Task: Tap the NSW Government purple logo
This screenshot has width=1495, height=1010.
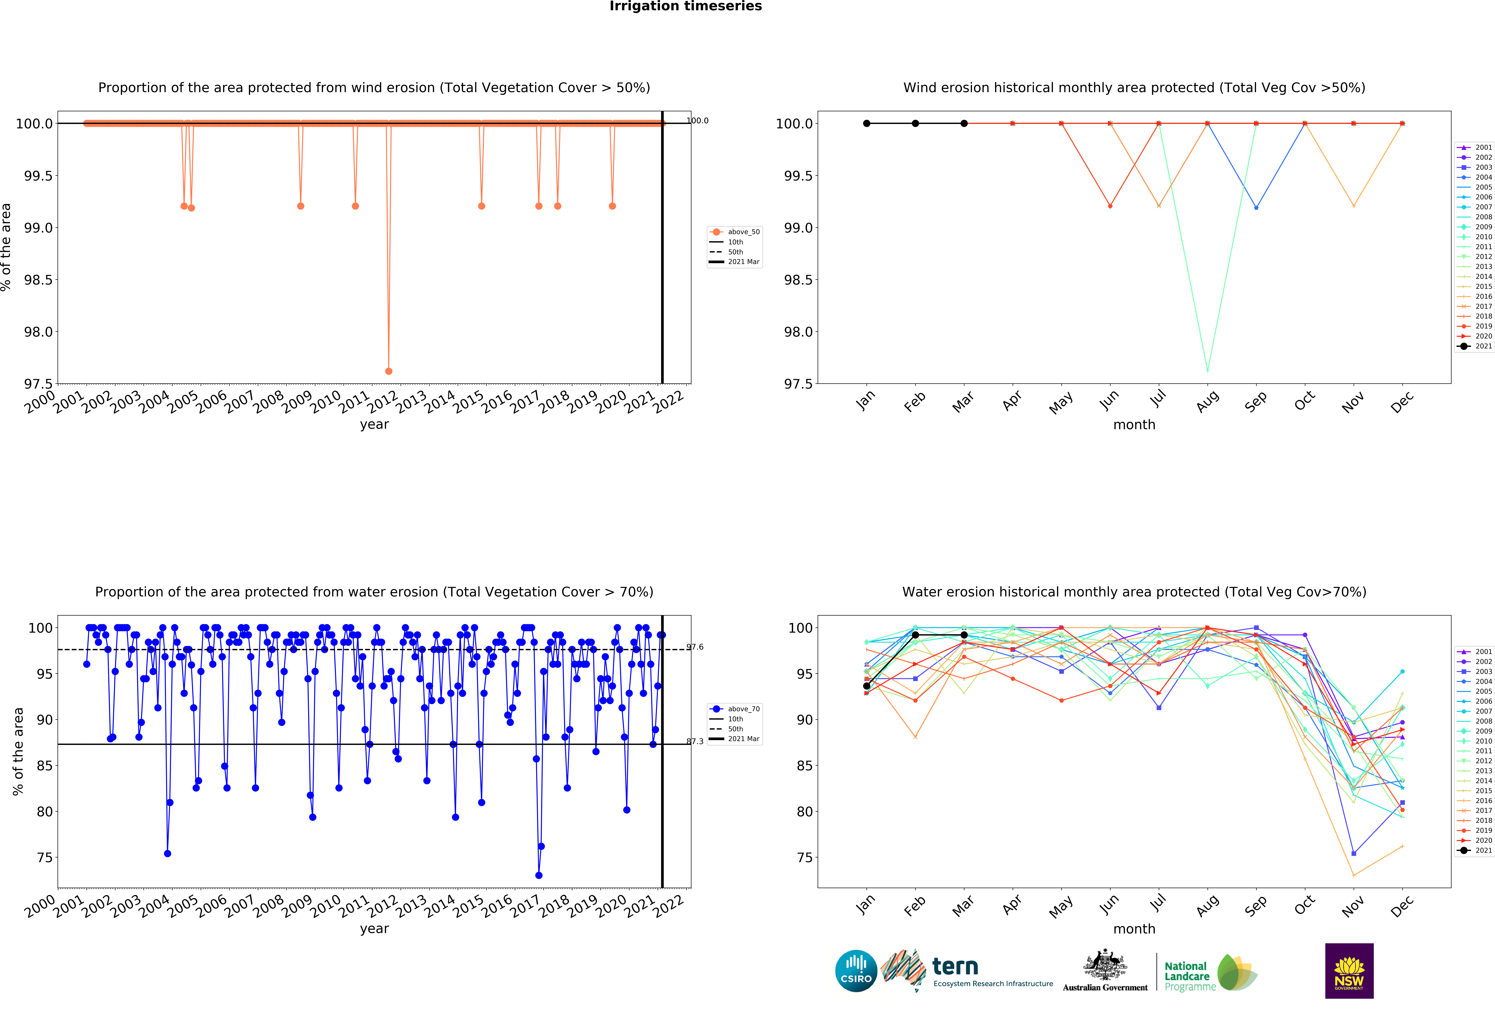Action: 1349,971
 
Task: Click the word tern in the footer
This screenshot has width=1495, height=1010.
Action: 955,966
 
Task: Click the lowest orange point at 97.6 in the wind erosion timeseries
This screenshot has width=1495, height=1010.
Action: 389,371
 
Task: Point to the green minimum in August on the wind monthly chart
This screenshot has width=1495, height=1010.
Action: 1207,370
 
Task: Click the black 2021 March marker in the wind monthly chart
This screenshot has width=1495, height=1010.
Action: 964,123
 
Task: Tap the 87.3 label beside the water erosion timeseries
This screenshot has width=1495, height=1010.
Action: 695,741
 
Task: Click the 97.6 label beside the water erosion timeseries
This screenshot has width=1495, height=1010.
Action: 695,647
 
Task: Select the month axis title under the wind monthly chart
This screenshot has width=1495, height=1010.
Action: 1134,424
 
